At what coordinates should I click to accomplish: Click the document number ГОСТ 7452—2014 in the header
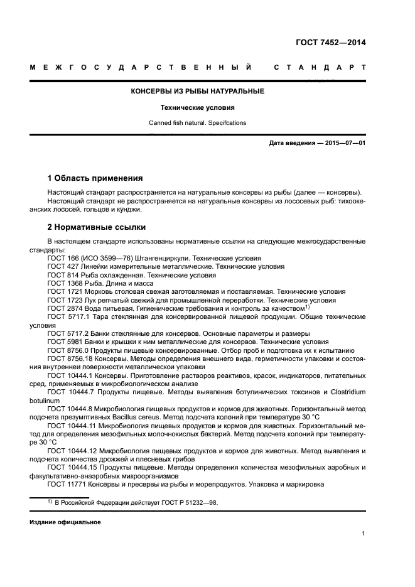tap(330, 43)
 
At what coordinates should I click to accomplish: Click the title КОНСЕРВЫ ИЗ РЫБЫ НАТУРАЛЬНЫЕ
tap(197, 91)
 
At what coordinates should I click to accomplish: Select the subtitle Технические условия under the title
tap(197, 107)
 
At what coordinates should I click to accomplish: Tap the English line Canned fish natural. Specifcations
tap(197, 123)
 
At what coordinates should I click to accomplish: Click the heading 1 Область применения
tap(95, 178)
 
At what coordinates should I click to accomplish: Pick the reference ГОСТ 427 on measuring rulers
tap(60, 266)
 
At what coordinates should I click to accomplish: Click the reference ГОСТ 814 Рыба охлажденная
tap(60, 275)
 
